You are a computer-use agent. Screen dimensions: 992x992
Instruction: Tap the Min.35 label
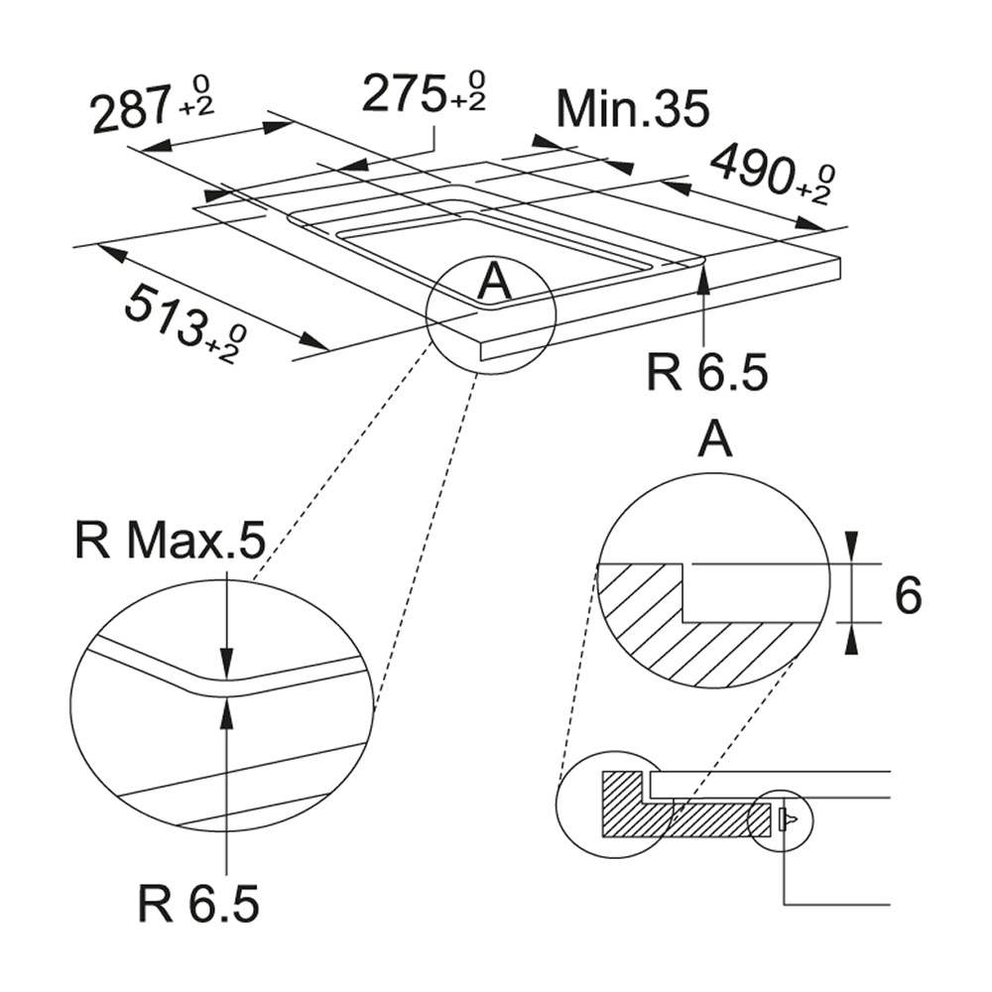click(633, 110)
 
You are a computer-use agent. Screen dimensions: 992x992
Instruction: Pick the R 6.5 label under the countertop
click(706, 372)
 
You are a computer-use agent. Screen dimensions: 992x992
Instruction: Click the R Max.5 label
click(170, 541)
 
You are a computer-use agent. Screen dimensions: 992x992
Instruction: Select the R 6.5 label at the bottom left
click(198, 904)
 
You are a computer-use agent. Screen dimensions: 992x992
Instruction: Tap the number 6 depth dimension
click(909, 595)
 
